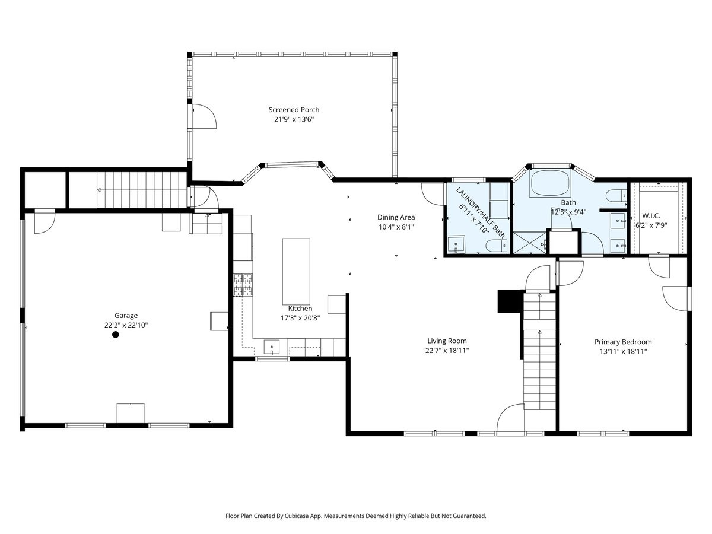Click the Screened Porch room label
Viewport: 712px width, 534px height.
[x=294, y=110]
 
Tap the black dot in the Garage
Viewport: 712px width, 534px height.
[x=116, y=335]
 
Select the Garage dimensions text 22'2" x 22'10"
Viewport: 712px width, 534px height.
[x=126, y=325]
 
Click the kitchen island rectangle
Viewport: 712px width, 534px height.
[x=296, y=272]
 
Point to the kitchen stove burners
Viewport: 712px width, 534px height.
[x=243, y=285]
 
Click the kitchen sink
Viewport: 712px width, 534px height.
[x=272, y=348]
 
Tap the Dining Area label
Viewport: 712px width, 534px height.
[x=396, y=217]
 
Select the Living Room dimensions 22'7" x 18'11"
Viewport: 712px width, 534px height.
[x=447, y=351]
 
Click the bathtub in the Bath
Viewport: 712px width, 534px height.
[x=550, y=183]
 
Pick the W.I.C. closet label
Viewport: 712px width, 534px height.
[x=651, y=216]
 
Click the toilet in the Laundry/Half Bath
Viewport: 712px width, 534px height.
[x=497, y=246]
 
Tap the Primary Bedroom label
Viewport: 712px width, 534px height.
[x=623, y=342]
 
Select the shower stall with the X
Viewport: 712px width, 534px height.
[x=529, y=243]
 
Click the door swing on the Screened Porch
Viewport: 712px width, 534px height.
[x=205, y=117]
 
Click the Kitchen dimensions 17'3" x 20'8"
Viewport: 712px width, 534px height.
[x=300, y=318]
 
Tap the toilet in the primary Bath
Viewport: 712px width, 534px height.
[x=616, y=196]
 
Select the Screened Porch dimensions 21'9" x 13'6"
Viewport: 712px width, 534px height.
[x=294, y=119]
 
